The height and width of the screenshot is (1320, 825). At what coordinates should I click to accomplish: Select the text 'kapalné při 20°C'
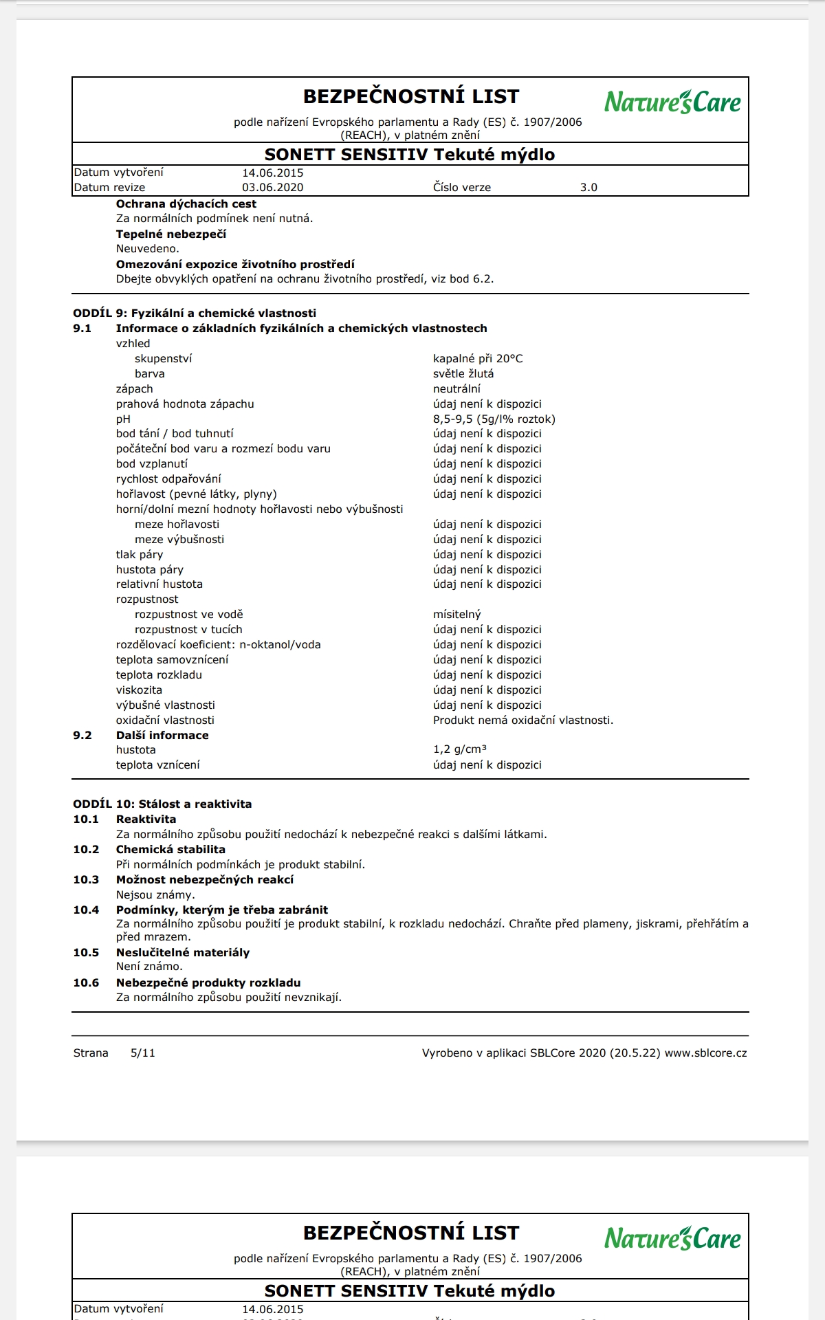[478, 358]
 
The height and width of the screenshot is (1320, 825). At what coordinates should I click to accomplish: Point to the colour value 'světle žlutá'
[463, 373]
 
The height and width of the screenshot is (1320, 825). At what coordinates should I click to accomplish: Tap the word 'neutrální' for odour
[456, 388]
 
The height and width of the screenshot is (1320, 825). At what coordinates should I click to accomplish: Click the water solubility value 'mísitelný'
[457, 614]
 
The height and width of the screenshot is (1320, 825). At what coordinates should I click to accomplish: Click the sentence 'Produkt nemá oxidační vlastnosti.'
[523, 720]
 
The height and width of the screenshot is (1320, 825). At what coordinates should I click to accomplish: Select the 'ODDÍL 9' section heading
[195, 313]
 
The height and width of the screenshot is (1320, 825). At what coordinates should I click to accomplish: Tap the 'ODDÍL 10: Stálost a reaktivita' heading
[162, 804]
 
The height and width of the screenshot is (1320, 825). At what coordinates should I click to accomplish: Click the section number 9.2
[82, 735]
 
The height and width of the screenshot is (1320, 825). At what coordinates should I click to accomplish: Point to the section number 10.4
[86, 910]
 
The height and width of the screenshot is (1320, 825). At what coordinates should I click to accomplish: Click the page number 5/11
[143, 1053]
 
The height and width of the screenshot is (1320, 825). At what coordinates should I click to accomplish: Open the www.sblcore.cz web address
[705, 1053]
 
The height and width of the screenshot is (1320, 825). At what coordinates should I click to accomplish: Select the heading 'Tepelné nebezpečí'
[170, 234]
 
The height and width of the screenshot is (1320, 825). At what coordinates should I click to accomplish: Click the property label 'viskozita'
[139, 690]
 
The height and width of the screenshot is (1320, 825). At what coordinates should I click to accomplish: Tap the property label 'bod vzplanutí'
[151, 463]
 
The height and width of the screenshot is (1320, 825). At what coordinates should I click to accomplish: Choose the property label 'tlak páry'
[140, 554]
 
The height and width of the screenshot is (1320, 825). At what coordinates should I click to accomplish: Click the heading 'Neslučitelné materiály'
[182, 952]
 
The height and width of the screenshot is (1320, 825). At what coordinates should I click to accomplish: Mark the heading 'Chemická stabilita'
[170, 849]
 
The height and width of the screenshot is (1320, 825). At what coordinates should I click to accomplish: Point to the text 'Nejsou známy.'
[155, 894]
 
